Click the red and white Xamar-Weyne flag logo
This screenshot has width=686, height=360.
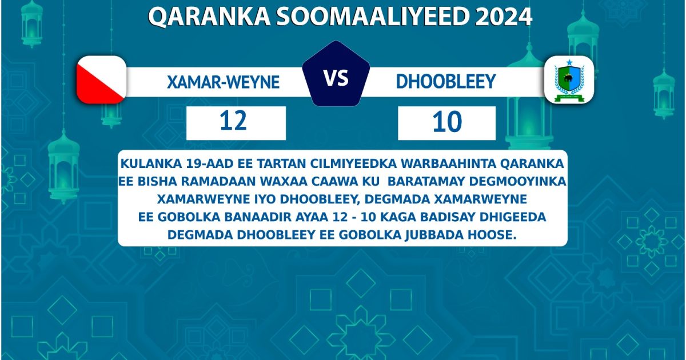pyautogui.click(x=101, y=79)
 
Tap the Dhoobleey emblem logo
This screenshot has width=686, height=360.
pyautogui.click(x=569, y=80)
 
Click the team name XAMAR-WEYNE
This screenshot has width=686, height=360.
pyautogui.click(x=223, y=82)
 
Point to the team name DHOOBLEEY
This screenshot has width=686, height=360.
pyautogui.click(x=445, y=82)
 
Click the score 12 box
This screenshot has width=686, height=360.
pyautogui.click(x=236, y=122)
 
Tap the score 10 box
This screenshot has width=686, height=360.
pyautogui.click(x=446, y=122)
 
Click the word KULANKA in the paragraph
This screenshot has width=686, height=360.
pyautogui.click(x=150, y=163)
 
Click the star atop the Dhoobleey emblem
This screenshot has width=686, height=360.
pyautogui.click(x=569, y=62)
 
